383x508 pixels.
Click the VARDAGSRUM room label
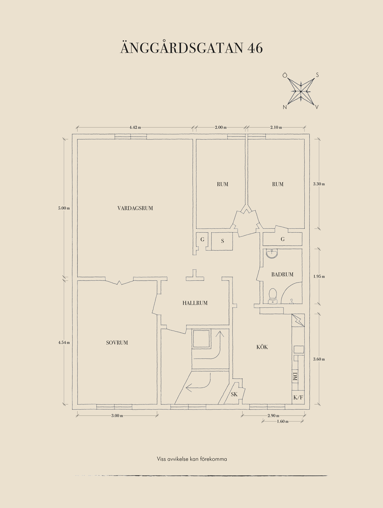(x=135, y=208)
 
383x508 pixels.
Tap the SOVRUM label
(x=117, y=343)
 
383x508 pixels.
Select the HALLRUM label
(x=195, y=303)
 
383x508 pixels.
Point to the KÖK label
(x=262, y=347)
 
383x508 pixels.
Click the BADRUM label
(x=282, y=274)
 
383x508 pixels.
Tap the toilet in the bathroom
(x=272, y=296)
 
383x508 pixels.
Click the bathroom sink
(x=272, y=254)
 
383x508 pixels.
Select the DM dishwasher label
(x=295, y=377)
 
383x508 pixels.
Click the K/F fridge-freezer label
(x=298, y=397)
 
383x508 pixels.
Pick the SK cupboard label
(x=234, y=394)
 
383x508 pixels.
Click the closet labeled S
(x=222, y=241)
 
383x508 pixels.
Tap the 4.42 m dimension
(x=135, y=127)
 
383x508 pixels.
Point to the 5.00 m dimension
(x=64, y=208)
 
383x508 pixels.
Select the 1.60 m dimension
(x=282, y=421)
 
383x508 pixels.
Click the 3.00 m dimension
(x=117, y=416)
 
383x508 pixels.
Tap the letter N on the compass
(x=285, y=107)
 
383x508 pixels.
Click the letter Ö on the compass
(x=285, y=75)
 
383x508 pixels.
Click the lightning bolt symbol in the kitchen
(x=298, y=320)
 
